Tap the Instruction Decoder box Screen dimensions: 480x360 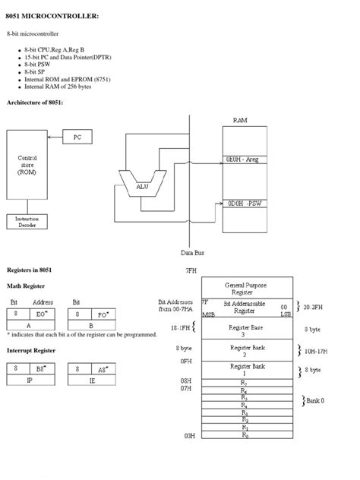click(27, 222)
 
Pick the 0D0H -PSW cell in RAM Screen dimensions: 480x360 click(244, 204)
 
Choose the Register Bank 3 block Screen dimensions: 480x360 click(244, 329)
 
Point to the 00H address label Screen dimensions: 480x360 click(189, 436)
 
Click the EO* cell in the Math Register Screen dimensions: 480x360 click(42, 312)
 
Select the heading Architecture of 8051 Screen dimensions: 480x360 click(35, 102)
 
